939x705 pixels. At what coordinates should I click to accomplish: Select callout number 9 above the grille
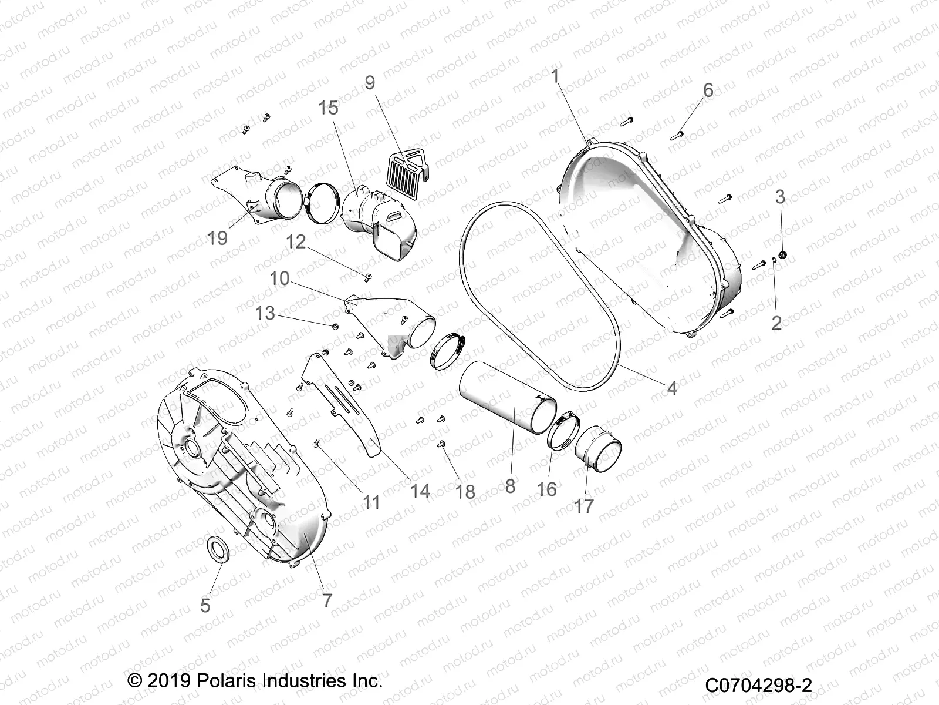click(370, 82)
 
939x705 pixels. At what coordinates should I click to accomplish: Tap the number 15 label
click(329, 108)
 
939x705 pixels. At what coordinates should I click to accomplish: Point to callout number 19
click(217, 238)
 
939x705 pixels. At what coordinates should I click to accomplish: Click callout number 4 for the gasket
click(672, 388)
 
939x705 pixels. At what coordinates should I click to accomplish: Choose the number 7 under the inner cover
click(327, 600)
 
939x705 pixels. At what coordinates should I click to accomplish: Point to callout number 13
click(265, 313)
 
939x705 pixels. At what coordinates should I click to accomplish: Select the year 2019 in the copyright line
click(167, 682)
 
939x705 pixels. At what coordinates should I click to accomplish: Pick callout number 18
click(465, 491)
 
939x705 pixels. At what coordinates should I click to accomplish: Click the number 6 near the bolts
click(708, 90)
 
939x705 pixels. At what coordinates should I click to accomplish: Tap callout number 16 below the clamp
click(546, 488)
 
